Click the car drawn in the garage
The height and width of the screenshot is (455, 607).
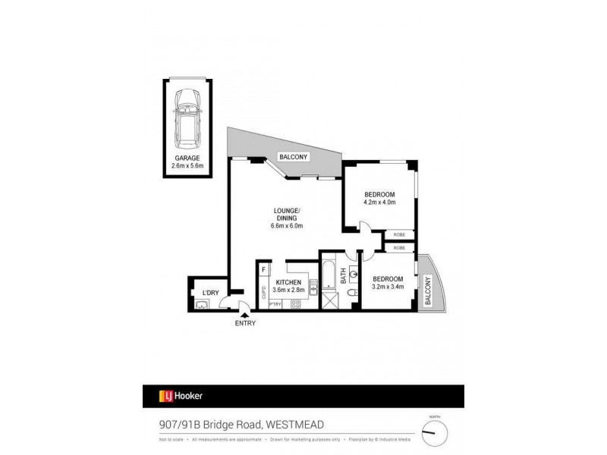[186, 120]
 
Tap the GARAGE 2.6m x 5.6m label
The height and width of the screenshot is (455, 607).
[187, 162]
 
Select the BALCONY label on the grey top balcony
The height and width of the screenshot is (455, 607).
[293, 157]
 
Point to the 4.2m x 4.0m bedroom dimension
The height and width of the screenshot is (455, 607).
[379, 202]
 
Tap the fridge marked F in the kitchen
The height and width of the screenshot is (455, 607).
[264, 269]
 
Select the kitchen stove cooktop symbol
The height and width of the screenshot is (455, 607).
[297, 305]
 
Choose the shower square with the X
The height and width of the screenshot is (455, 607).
[329, 301]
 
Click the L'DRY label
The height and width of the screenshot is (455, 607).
[210, 293]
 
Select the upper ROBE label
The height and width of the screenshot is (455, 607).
[399, 235]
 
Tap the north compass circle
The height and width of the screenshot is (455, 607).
[435, 432]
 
